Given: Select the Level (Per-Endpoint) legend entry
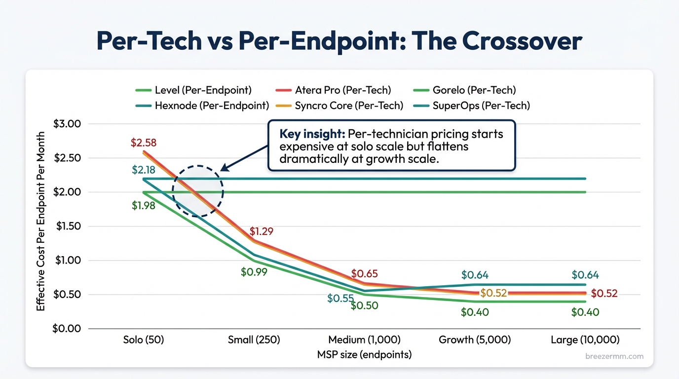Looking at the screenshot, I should [193, 90].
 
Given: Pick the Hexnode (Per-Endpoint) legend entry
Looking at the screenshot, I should [202, 106].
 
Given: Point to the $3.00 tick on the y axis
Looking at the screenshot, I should [67, 123].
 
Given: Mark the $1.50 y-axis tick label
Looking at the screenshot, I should [67, 226].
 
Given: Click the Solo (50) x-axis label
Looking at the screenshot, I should [143, 340].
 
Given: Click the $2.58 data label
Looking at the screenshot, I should [143, 143].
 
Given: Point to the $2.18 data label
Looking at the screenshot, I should [143, 170].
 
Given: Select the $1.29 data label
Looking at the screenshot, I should [261, 231].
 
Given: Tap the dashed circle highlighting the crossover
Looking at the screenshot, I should [198, 190].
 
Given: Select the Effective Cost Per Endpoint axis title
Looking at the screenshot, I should [41, 221].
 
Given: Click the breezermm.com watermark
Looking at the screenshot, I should [614, 356].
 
